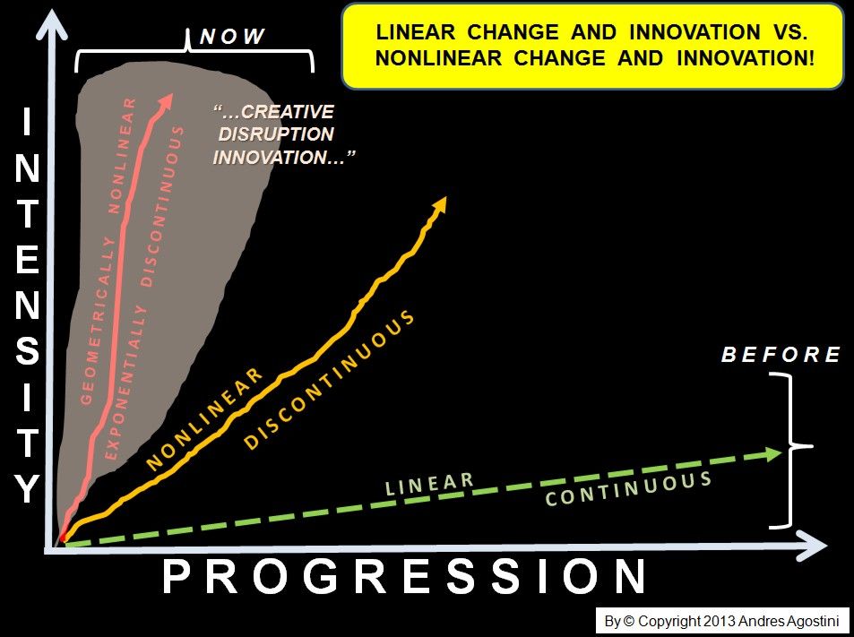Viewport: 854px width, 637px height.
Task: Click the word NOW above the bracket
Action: (x=232, y=37)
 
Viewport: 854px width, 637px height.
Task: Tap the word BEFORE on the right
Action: (x=781, y=355)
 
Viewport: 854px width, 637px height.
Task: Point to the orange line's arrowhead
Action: (x=439, y=204)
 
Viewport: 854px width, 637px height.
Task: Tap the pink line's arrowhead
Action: (x=165, y=100)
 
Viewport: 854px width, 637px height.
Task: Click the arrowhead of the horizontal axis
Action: (x=813, y=545)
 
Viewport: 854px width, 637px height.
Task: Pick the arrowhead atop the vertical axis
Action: (x=52, y=24)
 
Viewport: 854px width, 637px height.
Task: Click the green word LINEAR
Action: (x=430, y=484)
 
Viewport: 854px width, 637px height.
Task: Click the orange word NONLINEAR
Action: (x=205, y=419)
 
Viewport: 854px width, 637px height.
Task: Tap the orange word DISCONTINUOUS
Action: (x=329, y=380)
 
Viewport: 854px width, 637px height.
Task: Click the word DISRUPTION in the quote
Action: (x=276, y=134)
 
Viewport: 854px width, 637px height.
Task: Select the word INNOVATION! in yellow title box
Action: (x=746, y=58)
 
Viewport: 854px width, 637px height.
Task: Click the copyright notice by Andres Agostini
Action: (x=722, y=621)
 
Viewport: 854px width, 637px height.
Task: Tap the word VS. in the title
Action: (x=787, y=32)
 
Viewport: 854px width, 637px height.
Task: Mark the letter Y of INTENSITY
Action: (x=27, y=488)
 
